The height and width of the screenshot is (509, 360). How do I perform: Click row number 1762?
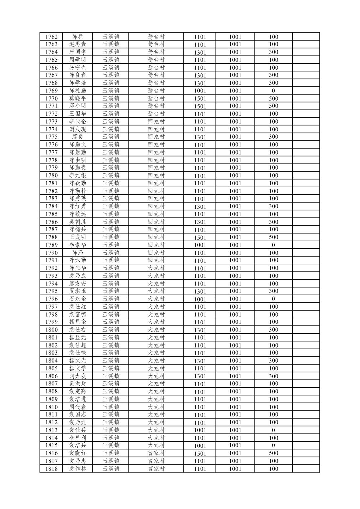51,37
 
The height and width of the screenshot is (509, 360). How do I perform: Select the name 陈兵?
78,37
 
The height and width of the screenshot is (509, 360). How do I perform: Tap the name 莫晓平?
78,99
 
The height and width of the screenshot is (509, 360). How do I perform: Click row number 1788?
51,237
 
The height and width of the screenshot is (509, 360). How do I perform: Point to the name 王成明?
78,237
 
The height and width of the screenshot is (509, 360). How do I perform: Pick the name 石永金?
78,299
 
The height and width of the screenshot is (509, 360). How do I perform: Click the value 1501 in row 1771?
200,106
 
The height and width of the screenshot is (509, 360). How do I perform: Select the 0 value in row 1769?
273,91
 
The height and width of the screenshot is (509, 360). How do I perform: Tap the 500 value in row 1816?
273,453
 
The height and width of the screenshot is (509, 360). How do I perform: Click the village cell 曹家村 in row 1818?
156,469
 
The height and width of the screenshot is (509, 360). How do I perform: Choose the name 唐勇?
78,137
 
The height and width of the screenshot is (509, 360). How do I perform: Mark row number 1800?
51,330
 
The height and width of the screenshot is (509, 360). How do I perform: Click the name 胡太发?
78,376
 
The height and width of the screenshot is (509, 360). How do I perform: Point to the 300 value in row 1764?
273,52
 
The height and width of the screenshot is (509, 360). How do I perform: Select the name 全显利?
78,438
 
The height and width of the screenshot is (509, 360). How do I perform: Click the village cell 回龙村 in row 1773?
156,122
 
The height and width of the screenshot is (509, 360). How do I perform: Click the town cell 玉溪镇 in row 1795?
111,291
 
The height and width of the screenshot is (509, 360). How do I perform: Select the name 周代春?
78,407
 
